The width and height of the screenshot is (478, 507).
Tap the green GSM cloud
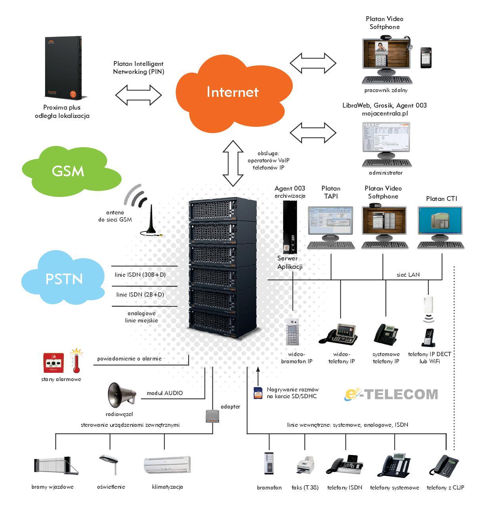[x=68, y=171]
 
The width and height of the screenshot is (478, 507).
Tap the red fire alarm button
[x=54, y=362]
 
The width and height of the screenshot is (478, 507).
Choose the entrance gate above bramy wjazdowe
[x=54, y=465]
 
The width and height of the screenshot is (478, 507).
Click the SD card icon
[x=258, y=393]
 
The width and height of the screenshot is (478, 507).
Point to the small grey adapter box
[x=212, y=416]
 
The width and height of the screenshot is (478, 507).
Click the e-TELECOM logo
[x=391, y=394]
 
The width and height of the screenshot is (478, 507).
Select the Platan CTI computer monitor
[x=440, y=222]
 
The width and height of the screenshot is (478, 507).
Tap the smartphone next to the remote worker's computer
[x=426, y=58]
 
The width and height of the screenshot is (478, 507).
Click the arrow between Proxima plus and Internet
[x=139, y=95]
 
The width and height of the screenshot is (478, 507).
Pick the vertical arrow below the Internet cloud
[x=233, y=163]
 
